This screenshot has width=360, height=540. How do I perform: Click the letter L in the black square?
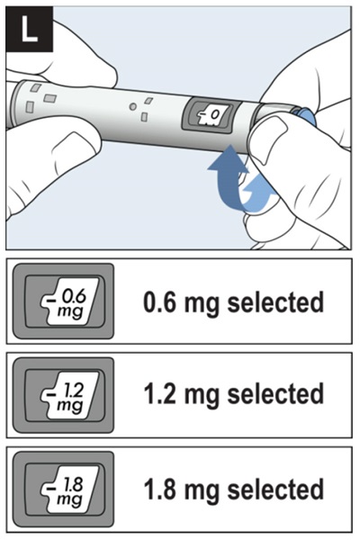click(x=29, y=29)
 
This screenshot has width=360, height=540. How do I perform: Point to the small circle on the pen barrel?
click(x=132, y=107)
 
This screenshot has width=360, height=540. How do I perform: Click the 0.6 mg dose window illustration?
click(x=63, y=301)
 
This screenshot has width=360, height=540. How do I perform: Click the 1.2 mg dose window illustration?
click(x=63, y=395)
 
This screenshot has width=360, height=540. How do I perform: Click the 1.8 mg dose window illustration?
click(x=63, y=489)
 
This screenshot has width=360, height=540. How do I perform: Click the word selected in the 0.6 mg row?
click(x=275, y=302)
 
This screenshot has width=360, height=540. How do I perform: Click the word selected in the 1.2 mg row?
click(x=275, y=393)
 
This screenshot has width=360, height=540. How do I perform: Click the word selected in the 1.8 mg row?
click(x=275, y=489)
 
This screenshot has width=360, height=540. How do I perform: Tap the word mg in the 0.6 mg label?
click(x=202, y=305)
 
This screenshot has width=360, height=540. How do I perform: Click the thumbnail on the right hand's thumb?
click(x=272, y=138)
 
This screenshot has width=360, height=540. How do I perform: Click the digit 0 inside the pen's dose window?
click(x=214, y=114)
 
